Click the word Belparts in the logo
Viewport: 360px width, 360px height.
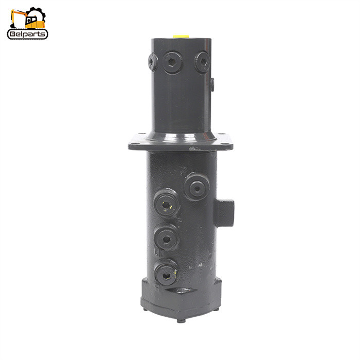pos(28,34)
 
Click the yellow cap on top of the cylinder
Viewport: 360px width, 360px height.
pos(181,37)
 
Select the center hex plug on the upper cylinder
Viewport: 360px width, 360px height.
pos(172,62)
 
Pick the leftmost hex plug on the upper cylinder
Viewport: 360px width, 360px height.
pos(153,62)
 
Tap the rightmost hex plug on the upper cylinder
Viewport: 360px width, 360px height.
pos(203,62)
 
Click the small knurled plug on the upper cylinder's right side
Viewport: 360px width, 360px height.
pos(212,85)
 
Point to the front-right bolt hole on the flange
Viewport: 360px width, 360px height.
pos(227,143)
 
